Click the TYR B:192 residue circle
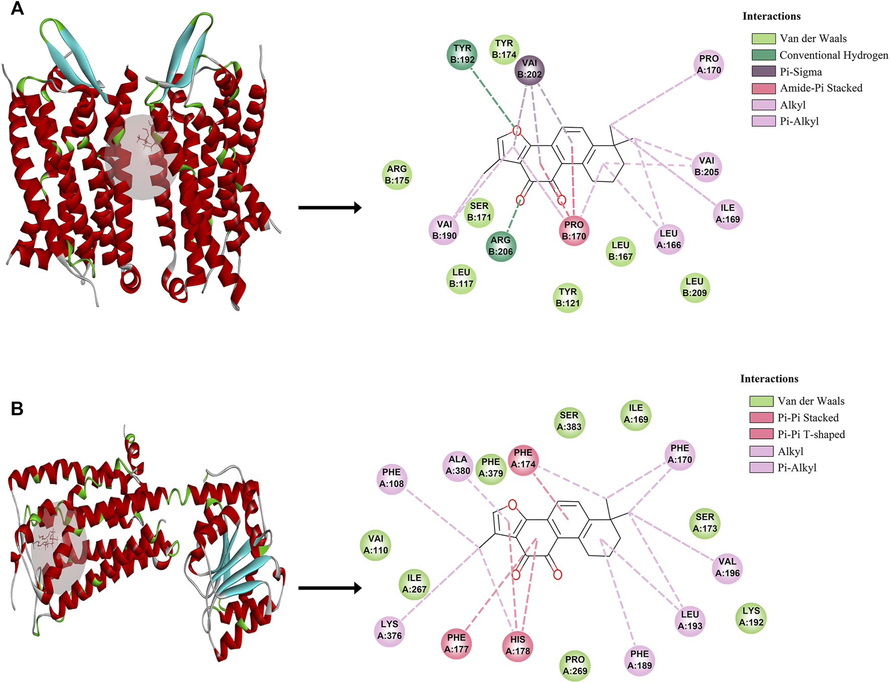click(462, 54)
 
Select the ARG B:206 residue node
click(501, 246)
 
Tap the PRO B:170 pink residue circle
click(574, 231)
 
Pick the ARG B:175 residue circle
click(397, 175)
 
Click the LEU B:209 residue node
click(695, 287)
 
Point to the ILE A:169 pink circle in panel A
click(728, 214)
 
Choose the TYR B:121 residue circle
click(568, 298)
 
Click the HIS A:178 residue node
click(517, 645)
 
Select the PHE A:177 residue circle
click(456, 643)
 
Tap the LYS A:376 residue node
click(389, 630)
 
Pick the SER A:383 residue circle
click(569, 421)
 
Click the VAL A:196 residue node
click(727, 567)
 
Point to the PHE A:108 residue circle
click(391, 478)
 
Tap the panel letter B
click(17, 409)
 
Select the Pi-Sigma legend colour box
click(763, 71)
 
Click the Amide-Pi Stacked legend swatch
click(763, 88)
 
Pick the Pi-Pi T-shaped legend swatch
click(761, 434)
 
